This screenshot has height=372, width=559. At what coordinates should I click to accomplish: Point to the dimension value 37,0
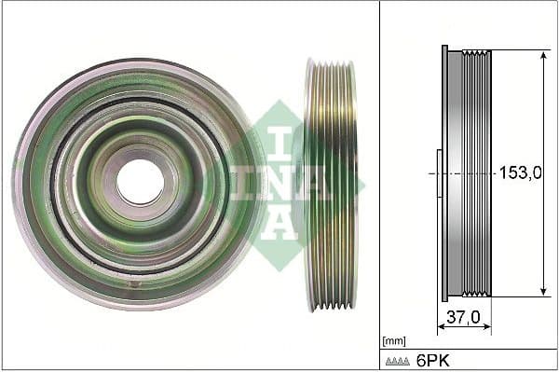(464, 318)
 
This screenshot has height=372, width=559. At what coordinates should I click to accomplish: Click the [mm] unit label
(394, 341)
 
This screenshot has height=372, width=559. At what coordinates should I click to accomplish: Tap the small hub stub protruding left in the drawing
(439, 173)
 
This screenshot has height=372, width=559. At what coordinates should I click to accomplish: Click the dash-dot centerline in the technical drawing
(466, 173)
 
